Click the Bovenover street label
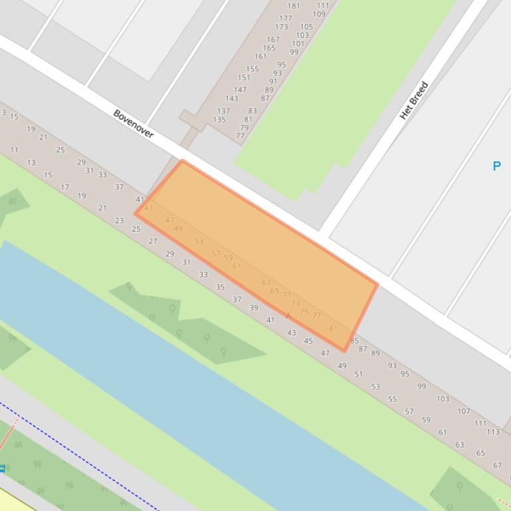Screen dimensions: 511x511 [x=134, y=123]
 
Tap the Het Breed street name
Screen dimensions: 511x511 [x=413, y=100]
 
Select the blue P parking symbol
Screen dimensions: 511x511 [x=496, y=166]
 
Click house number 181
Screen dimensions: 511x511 [x=294, y=6]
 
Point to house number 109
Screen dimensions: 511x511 [x=320, y=14]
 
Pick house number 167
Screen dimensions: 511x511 [x=273, y=40]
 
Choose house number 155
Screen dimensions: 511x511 [x=253, y=69]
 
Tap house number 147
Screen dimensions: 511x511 [x=240, y=90]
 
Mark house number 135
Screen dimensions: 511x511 [x=219, y=120]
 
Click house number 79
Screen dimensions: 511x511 [x=245, y=128]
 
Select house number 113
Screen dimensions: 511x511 [x=492, y=431]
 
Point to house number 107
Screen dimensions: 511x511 [x=464, y=411]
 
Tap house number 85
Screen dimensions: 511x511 [x=354, y=340]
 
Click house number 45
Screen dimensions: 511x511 [x=308, y=341]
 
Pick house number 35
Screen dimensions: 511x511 [x=220, y=287]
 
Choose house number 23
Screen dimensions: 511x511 [x=119, y=220]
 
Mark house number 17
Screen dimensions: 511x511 [x=64, y=187]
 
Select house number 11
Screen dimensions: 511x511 [x=14, y=150]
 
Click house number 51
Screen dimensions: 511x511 [x=359, y=374]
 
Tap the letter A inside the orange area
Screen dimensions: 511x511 [x=288, y=316]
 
